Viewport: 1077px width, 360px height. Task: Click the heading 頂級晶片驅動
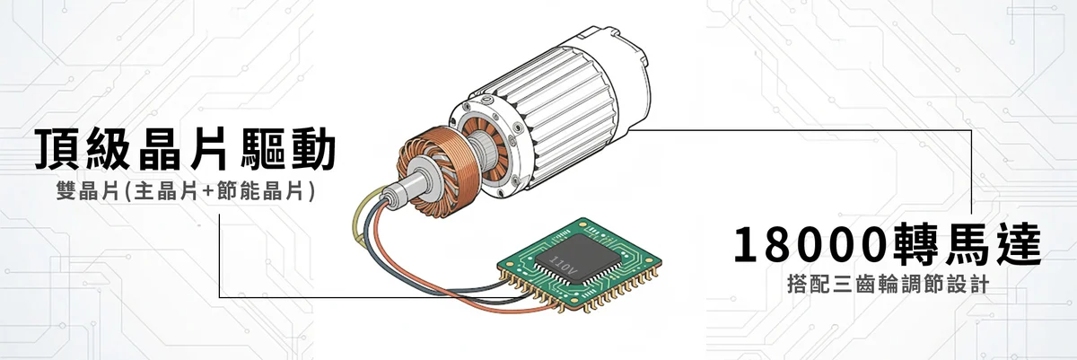click(x=185, y=149)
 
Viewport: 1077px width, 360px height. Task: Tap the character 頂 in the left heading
click(x=57, y=149)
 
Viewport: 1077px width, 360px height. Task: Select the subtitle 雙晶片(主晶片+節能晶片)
click(x=186, y=191)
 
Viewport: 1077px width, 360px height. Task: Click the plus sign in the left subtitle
click(x=207, y=191)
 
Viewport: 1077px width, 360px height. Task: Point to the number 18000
click(x=810, y=245)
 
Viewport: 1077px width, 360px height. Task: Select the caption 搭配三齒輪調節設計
click(x=888, y=285)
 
